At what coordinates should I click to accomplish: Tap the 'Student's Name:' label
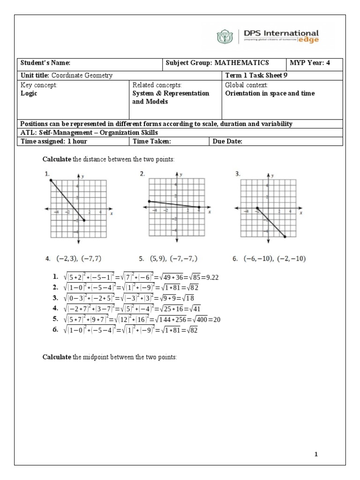click(45, 63)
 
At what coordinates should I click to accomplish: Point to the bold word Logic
click(29, 93)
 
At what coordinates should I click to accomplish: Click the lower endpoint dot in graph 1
click(84, 220)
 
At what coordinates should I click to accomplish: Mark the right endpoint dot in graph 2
click(199, 207)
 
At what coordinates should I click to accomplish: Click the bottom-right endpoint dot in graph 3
click(285, 237)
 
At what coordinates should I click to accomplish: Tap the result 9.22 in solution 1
click(212, 277)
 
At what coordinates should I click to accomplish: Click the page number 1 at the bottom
click(316, 454)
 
